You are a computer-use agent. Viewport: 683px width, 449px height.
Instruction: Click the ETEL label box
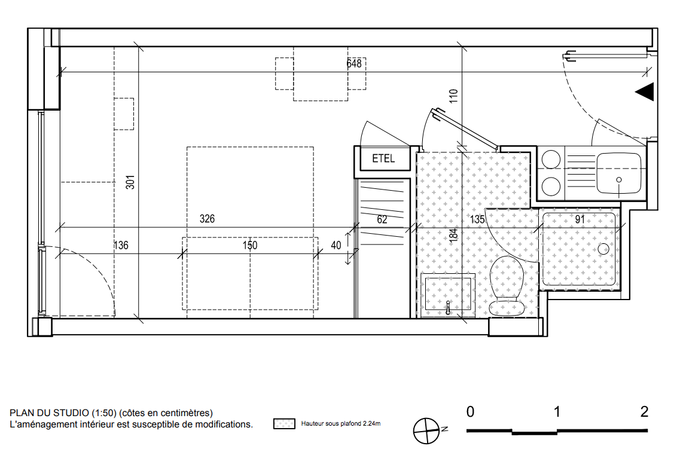pos(383,158)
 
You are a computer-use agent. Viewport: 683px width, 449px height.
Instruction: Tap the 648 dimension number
pos(353,63)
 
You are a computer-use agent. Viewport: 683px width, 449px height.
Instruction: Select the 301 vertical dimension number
pos(130,182)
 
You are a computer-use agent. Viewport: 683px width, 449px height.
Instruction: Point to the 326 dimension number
pos(207,219)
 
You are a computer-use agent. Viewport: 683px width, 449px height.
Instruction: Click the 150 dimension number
pos(250,245)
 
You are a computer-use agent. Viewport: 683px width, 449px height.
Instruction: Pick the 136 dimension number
pos(121,245)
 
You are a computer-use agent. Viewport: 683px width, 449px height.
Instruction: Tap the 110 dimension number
pos(453,96)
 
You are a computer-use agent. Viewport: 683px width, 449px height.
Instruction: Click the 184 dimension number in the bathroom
pos(453,235)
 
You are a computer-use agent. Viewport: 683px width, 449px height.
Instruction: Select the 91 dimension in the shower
pos(580,219)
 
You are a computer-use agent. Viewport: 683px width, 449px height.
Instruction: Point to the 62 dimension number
pos(382,219)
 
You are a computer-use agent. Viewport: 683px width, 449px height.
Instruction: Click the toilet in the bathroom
pos(507,285)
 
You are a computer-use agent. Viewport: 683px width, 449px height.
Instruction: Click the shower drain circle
pos(603,249)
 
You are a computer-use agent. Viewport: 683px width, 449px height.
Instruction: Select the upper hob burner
pos(550,159)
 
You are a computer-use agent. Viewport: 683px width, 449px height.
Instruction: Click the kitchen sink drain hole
pos(619,179)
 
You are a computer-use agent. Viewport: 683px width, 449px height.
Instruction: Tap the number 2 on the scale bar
pos(644,411)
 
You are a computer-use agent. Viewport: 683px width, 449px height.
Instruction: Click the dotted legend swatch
pos(285,424)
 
